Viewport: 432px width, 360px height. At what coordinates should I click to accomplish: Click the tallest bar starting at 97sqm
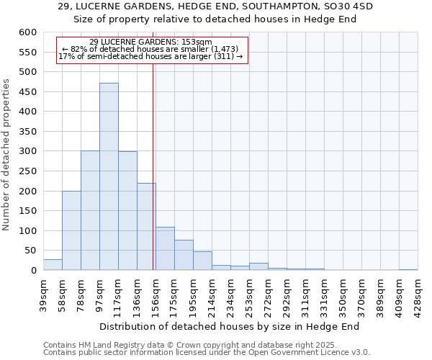pos(109,176)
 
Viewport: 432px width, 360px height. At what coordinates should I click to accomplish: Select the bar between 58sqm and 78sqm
pos(71,230)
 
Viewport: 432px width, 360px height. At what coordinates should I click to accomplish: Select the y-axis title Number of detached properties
pos(6,155)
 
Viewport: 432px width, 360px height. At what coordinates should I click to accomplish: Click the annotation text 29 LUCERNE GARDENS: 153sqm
pos(151,42)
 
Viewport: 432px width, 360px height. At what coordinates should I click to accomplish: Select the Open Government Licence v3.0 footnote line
pos(207,353)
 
